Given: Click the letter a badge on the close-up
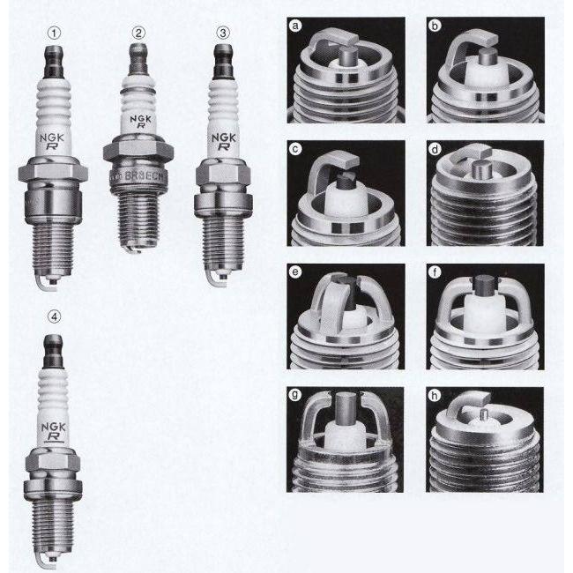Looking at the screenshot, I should point(296,26).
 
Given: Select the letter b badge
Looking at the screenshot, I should point(436,26).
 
